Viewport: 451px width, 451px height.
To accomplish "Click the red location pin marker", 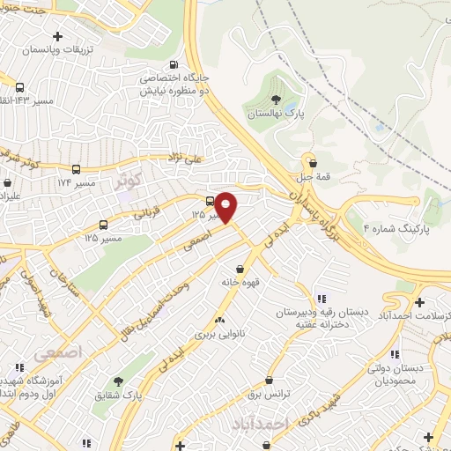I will coord(226,206).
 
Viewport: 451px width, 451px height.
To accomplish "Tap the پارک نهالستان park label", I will coord(274,115).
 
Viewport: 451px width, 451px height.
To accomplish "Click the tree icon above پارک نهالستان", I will coord(276,99).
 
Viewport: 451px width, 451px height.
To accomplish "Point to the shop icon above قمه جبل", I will coord(311,160).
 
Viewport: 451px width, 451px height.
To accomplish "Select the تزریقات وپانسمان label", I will coord(58,52).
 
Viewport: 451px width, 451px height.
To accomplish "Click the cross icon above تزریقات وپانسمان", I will coord(58,36).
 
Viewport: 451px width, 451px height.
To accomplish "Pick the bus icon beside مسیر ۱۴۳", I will coord(19,87).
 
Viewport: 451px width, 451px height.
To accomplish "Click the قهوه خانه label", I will coord(240,285).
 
